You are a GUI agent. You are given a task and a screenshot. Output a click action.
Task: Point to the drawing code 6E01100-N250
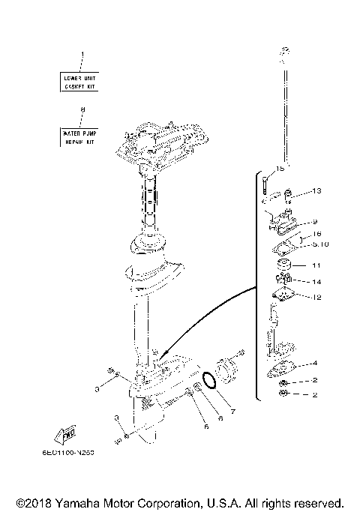tap(77, 453)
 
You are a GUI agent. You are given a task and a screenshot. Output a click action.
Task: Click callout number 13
tap(316, 191)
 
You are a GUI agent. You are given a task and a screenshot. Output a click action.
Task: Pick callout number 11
tap(316, 265)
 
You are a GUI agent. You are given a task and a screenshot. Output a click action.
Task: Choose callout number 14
tap(316, 282)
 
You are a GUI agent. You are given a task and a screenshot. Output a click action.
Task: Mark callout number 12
tap(316, 298)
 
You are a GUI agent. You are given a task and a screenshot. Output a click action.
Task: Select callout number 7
tap(233, 412)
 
